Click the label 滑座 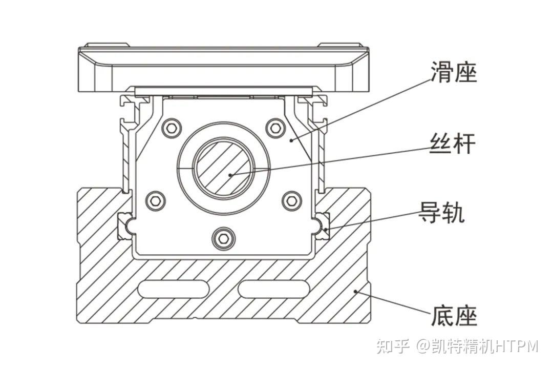pos(453,72)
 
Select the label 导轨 pos(441,212)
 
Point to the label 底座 pos(454,316)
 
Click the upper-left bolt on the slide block pos(172,128)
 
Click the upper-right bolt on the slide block pos(276,128)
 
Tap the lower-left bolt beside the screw pos(155,201)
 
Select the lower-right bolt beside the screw pos(292,201)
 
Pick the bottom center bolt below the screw pos(223,238)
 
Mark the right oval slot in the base pos(274,289)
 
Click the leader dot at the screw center pos(230,174)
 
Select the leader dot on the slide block pos(291,140)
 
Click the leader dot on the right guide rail pos(326,230)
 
